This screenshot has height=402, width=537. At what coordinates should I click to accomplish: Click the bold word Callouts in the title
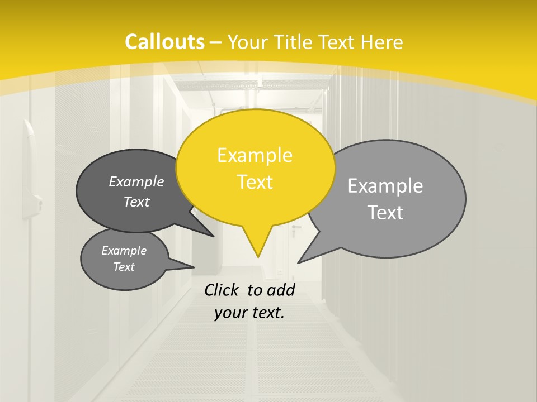(x=164, y=42)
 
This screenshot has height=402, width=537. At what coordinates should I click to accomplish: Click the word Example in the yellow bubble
(x=255, y=155)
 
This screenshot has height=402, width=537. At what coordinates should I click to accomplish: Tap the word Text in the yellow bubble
(x=255, y=182)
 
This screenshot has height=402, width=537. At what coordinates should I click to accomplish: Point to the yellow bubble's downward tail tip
(x=258, y=257)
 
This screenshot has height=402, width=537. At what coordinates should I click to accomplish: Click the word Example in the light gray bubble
(x=385, y=185)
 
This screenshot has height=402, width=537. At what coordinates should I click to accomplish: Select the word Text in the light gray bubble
(x=386, y=213)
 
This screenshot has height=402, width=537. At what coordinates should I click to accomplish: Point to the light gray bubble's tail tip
(x=298, y=262)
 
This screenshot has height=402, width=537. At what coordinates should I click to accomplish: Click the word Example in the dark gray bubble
(x=136, y=181)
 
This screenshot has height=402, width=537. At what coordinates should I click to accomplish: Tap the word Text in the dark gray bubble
(x=136, y=202)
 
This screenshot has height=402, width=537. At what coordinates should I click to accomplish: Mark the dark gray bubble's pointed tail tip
(x=214, y=236)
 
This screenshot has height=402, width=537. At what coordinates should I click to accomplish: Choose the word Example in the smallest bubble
(x=124, y=251)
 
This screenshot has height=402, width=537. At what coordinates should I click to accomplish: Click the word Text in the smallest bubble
(x=124, y=267)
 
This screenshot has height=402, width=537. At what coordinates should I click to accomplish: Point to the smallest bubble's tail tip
(x=194, y=267)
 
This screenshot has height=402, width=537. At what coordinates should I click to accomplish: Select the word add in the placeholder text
(x=281, y=290)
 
